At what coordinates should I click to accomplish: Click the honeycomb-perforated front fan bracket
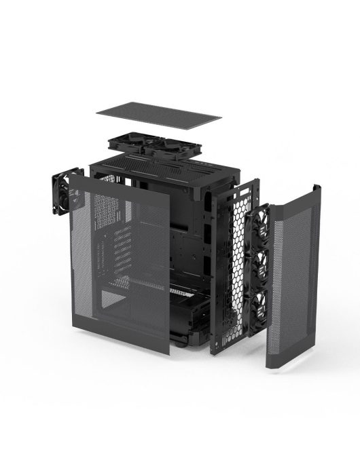(238, 265)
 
